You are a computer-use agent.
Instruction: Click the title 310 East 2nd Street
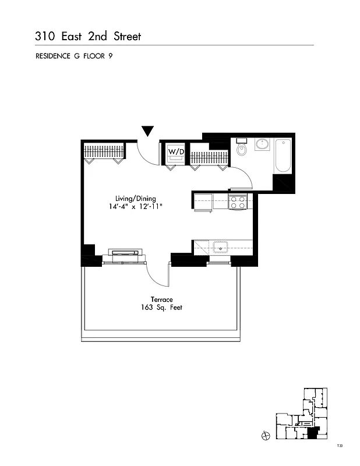[x=88, y=37]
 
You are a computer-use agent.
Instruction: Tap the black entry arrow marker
[x=148, y=131]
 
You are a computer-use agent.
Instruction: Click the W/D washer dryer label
[x=175, y=151]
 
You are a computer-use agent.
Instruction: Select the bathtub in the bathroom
[x=283, y=156]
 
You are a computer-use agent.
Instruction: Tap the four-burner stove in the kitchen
[x=237, y=202]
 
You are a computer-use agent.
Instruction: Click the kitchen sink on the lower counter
[x=221, y=248]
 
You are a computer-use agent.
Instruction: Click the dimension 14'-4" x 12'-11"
[x=136, y=207]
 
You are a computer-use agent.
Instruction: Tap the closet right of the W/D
[x=207, y=158]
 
